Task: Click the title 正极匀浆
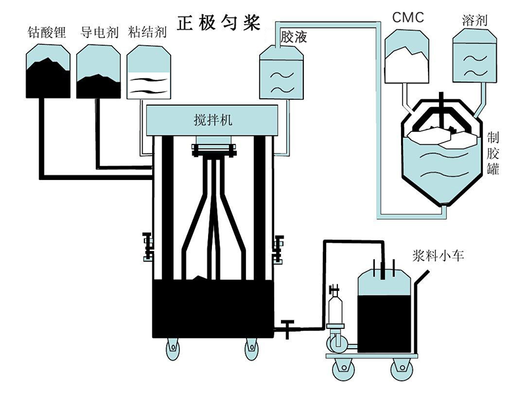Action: (220, 22)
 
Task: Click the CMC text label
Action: (408, 18)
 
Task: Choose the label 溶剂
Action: (474, 20)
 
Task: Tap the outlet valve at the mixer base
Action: (287, 326)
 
